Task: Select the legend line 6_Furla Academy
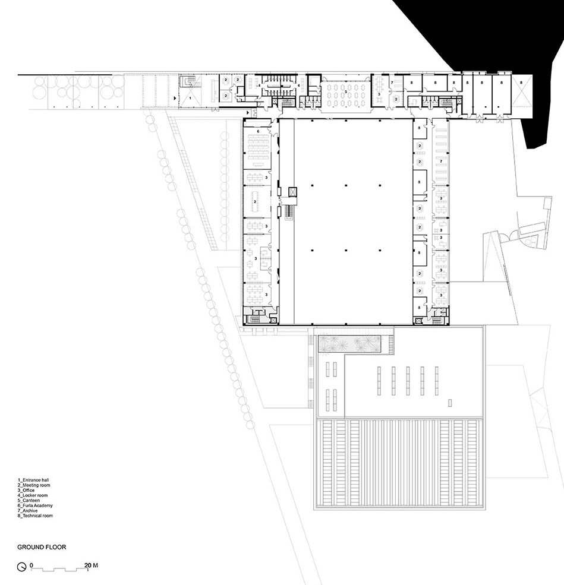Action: [x=36, y=505]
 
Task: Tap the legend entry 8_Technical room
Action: [x=36, y=516]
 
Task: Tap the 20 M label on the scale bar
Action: [x=91, y=565]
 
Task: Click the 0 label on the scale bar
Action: [x=31, y=565]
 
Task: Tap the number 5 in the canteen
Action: [x=345, y=91]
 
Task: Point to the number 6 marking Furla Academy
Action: [x=258, y=131]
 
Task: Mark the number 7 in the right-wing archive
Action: [x=440, y=161]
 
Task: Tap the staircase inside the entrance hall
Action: [x=190, y=80]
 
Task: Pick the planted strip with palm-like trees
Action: [x=353, y=344]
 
